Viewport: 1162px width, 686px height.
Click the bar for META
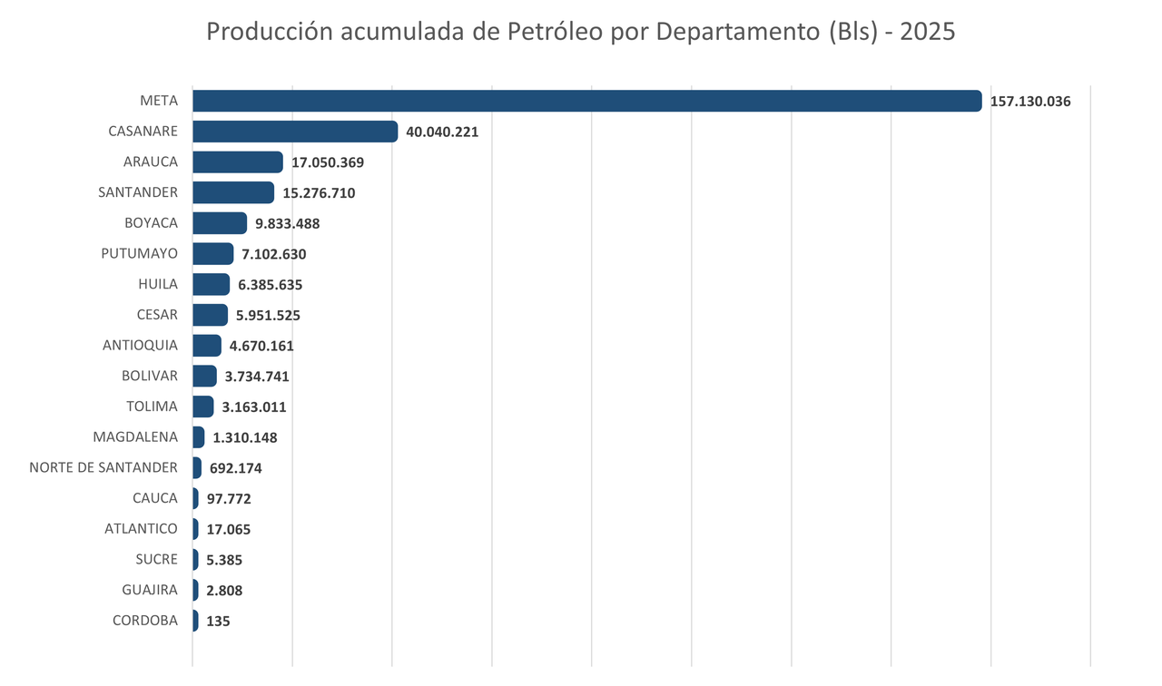point(586,101)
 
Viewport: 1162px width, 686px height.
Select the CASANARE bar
point(295,132)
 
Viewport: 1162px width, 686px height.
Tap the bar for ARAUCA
point(238,162)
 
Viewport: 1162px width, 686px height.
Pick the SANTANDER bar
point(233,192)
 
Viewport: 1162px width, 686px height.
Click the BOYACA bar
point(220,223)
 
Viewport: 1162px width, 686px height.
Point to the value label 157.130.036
point(1030,102)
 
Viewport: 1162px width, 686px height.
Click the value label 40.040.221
point(442,132)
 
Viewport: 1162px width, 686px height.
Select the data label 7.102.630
point(273,254)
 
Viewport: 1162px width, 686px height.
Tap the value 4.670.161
point(261,346)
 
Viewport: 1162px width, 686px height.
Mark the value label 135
point(218,622)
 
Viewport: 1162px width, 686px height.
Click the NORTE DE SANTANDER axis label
point(103,467)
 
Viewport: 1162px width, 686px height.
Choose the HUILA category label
point(158,284)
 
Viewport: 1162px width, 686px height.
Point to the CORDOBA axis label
point(145,621)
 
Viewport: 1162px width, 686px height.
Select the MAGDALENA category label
point(135,436)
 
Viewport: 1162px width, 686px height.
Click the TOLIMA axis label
point(152,406)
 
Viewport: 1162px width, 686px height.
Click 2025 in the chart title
point(927,31)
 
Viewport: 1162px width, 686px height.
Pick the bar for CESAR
point(210,315)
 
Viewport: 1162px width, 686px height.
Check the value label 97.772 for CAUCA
point(229,499)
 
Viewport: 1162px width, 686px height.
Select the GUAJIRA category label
point(150,590)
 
